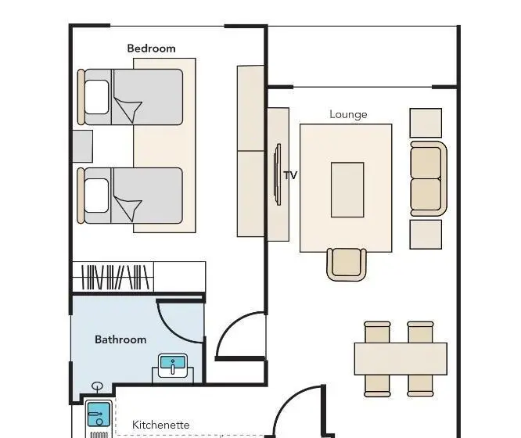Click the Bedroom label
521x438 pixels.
(151, 48)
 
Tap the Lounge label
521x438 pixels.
(348, 114)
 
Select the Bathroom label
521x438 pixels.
(120, 339)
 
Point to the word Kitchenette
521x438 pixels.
(161, 425)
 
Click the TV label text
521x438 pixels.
(290, 175)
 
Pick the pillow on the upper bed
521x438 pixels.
(97, 97)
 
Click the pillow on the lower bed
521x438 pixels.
(97, 196)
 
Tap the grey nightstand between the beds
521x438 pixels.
(82, 146)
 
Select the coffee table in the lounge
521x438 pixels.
(347, 190)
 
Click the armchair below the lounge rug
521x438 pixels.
(347, 264)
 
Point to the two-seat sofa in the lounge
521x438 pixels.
(428, 179)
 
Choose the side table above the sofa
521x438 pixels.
(426, 123)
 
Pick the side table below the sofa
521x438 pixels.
(426, 235)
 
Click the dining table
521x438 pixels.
(401, 359)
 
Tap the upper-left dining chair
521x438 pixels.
(377, 332)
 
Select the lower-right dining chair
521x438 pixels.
(420, 386)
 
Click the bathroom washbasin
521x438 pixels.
(173, 365)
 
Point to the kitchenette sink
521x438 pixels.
(99, 415)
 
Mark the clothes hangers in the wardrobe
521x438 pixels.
(115, 277)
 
